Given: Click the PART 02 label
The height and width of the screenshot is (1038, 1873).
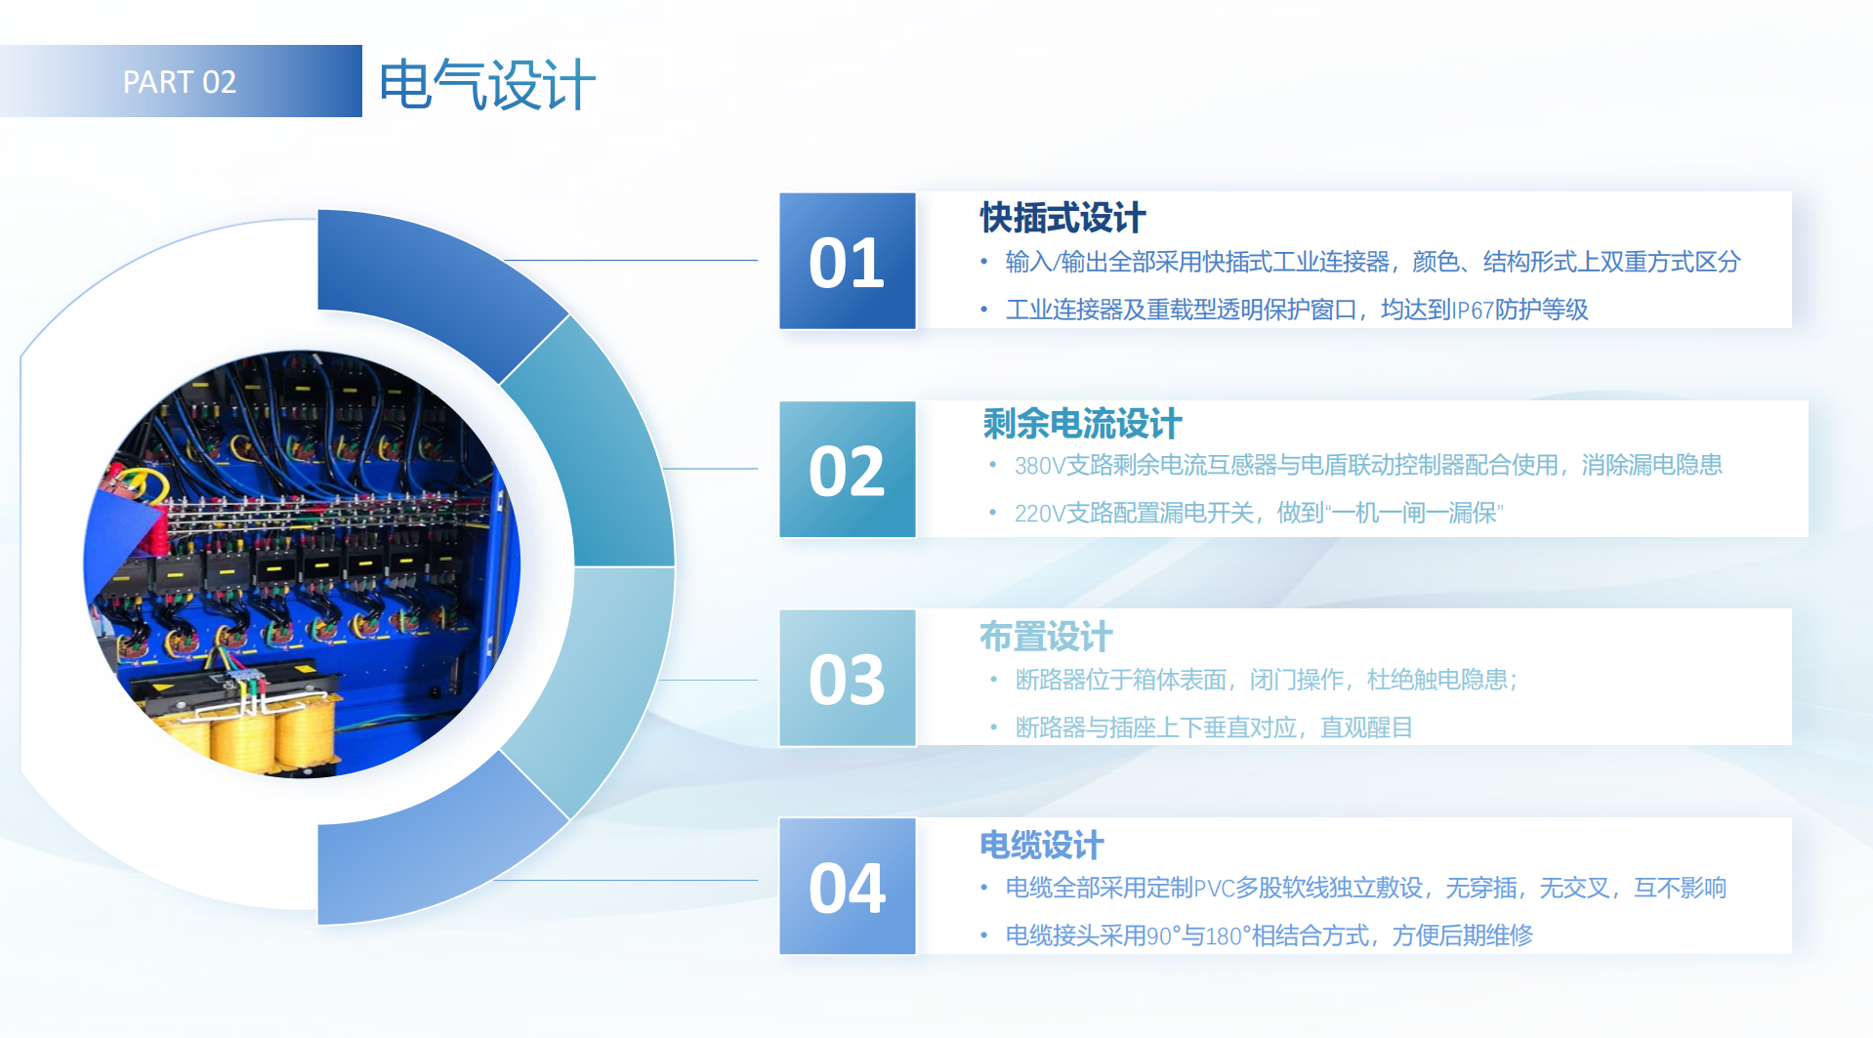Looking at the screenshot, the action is [x=180, y=82].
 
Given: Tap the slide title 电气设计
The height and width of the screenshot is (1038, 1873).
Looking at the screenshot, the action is [x=487, y=84].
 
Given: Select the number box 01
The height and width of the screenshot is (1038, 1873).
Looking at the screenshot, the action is [x=847, y=261].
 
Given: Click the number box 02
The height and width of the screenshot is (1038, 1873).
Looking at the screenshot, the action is [x=847, y=469].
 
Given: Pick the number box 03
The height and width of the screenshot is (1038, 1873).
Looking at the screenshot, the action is [x=847, y=678].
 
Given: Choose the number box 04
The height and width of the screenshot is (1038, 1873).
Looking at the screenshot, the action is [x=847, y=886].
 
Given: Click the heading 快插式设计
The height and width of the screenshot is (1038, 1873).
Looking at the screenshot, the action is [x=1062, y=218].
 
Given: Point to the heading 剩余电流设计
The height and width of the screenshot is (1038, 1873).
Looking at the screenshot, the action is [x=1082, y=424].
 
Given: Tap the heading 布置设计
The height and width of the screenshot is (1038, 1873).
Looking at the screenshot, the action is [x=1046, y=637].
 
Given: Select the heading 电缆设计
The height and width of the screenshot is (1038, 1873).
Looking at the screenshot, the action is [x=1041, y=845].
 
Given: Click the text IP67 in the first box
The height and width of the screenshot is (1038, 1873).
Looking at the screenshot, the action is [x=1473, y=311].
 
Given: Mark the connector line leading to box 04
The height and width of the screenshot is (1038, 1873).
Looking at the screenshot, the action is [x=626, y=880].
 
